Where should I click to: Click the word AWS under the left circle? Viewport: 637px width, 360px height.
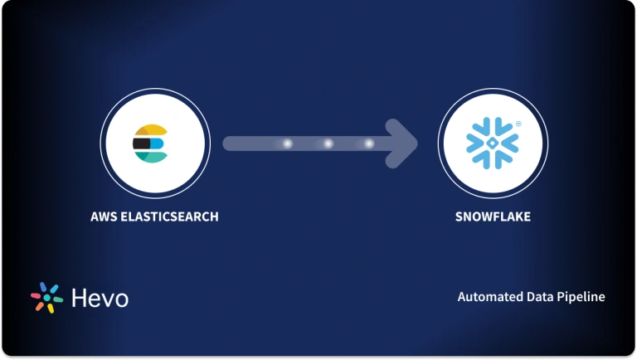(104, 217)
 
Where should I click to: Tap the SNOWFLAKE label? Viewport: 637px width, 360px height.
(493, 217)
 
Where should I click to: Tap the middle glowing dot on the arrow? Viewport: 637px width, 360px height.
(328, 144)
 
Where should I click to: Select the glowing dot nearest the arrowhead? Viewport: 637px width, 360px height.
(368, 144)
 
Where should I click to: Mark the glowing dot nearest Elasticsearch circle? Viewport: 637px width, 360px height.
(288, 144)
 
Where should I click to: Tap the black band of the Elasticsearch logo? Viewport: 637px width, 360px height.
(142, 144)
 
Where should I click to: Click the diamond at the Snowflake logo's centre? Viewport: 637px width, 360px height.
(493, 142)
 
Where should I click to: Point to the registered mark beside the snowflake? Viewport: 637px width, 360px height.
(518, 124)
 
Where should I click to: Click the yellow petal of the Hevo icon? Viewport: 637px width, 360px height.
(50, 309)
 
